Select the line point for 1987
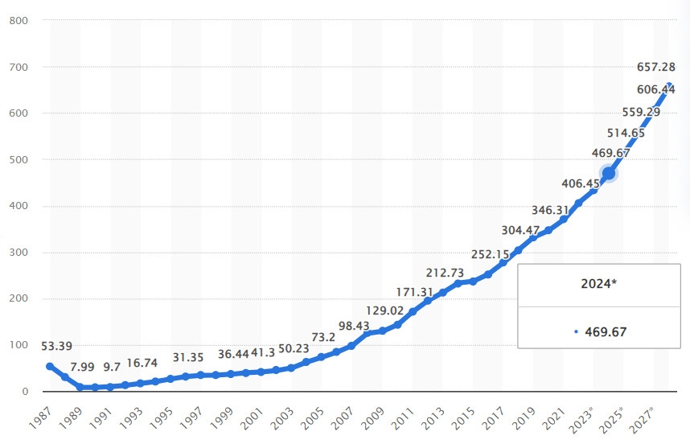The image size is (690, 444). point(50,366)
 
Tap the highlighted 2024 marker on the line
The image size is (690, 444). point(609,173)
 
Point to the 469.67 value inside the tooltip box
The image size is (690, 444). point(604,331)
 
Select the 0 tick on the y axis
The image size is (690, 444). point(26,392)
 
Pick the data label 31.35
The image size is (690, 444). point(189,357)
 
